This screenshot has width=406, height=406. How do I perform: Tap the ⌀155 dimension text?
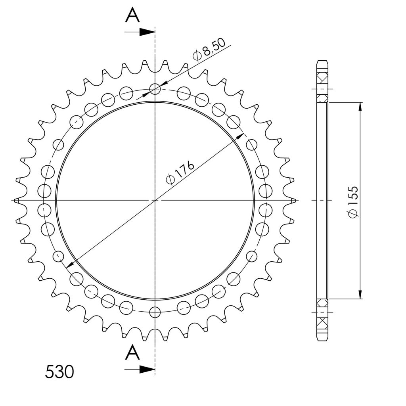pos(353,202)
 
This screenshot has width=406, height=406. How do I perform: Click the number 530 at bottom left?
pos(59,372)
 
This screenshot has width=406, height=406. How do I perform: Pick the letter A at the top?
pos(132,15)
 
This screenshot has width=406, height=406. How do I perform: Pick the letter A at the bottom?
pos(132,352)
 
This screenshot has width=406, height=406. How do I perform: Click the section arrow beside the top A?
pos(140,32)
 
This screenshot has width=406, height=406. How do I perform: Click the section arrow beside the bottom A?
pos(140,369)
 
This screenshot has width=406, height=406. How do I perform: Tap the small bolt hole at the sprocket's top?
pos(155,89)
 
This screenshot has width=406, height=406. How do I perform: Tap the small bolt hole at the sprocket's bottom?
pos(155,312)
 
